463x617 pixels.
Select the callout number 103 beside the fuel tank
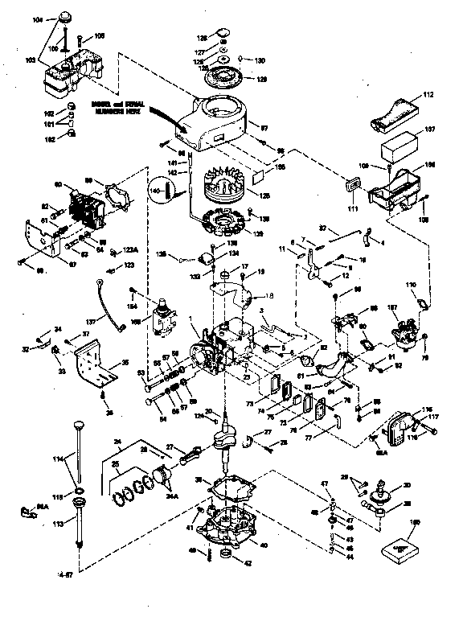[31, 60]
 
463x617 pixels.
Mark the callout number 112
[428, 94]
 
